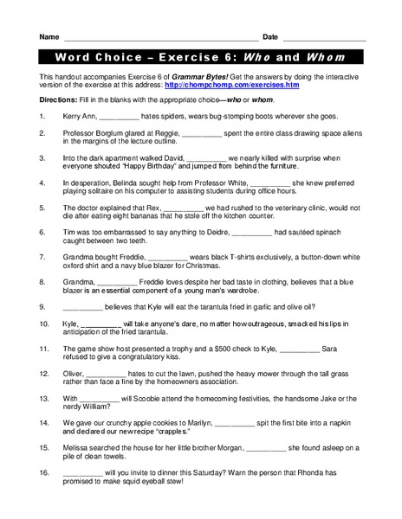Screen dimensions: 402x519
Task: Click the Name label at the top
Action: coord(49,37)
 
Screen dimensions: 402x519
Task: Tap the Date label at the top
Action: coord(270,37)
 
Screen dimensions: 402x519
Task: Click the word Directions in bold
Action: coord(58,101)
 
